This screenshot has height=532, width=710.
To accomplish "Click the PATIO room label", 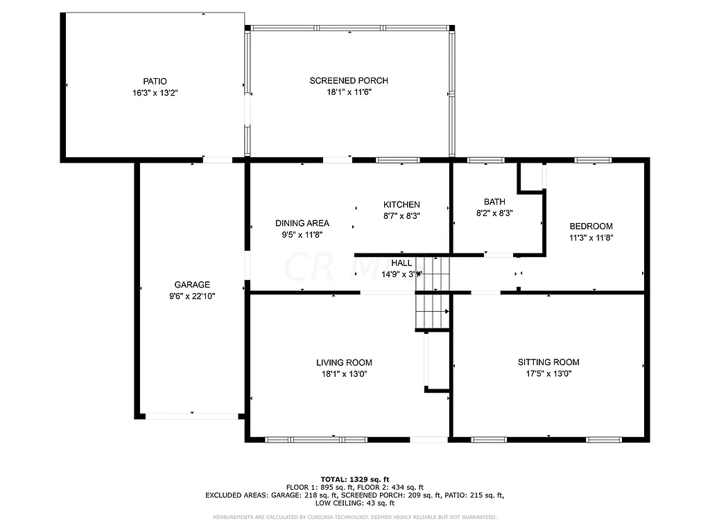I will pos(155,81).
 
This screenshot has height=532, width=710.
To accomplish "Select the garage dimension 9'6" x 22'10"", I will pos(192,296).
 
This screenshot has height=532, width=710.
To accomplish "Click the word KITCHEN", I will pos(401,204).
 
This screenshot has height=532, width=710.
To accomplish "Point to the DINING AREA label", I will pos(302,223).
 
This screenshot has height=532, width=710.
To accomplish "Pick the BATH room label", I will pos(494,202).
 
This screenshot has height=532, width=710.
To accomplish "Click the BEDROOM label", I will pos(591,226).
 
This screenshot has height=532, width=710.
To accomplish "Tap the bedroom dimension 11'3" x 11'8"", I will pos(591,237).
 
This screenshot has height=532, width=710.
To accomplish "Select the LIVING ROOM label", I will pos(344,362).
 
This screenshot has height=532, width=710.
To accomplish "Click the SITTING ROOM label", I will pos(548,362).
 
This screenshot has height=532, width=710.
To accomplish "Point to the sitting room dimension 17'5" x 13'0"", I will pos(548,373).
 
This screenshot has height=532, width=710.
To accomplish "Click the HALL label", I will pos(401,263).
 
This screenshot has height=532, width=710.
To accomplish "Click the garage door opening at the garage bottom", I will pos(191,416).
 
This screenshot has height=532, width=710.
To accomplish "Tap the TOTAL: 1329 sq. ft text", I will pos(355,479).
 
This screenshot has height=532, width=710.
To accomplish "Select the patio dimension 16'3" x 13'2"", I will pos(155,92).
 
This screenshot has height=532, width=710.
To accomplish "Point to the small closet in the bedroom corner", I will pos(532,176).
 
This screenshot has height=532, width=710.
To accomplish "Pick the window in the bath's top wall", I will pos(485,160).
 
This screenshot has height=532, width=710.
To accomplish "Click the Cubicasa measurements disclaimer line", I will pos(355,517).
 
